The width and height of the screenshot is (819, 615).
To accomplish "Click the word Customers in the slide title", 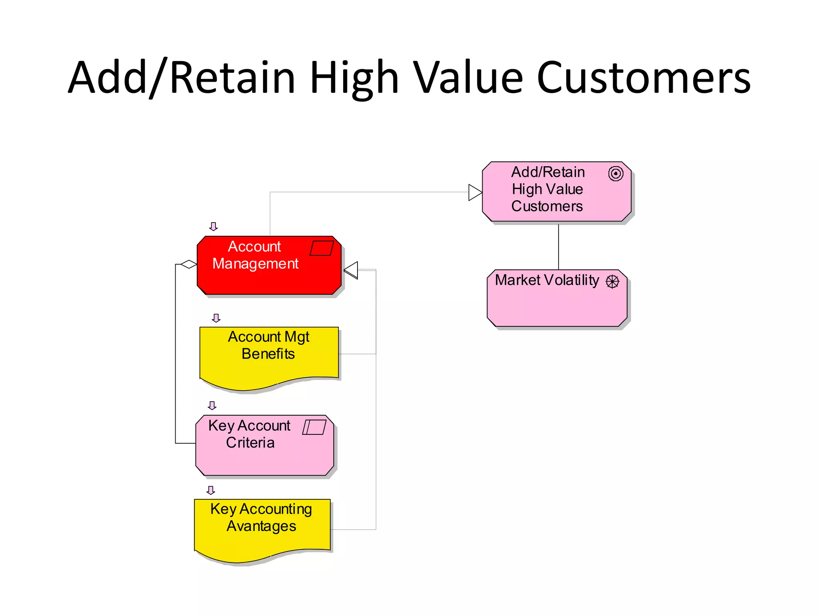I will [643, 78].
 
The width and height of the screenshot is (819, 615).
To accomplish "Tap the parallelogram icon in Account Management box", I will [322, 248].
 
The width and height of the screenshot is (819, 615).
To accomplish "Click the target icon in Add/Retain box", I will [615, 174].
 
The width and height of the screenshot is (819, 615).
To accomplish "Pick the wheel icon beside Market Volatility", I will [612, 281].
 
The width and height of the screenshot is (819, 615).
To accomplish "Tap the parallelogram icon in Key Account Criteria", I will [314, 427].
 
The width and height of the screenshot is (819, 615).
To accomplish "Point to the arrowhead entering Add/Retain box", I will [475, 192].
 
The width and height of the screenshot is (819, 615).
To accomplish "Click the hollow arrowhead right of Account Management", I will [351, 270].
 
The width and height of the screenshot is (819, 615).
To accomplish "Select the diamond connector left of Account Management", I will [188, 264].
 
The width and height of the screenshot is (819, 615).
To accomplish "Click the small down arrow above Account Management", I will [214, 227].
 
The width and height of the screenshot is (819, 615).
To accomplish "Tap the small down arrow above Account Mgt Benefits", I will [216, 318].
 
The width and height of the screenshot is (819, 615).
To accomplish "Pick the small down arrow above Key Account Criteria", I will [212, 406].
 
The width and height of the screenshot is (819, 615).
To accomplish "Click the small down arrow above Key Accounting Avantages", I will [211, 490].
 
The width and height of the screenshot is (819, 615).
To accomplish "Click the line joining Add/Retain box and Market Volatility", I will [558, 246].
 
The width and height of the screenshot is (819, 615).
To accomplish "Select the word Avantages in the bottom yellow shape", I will [261, 526].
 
